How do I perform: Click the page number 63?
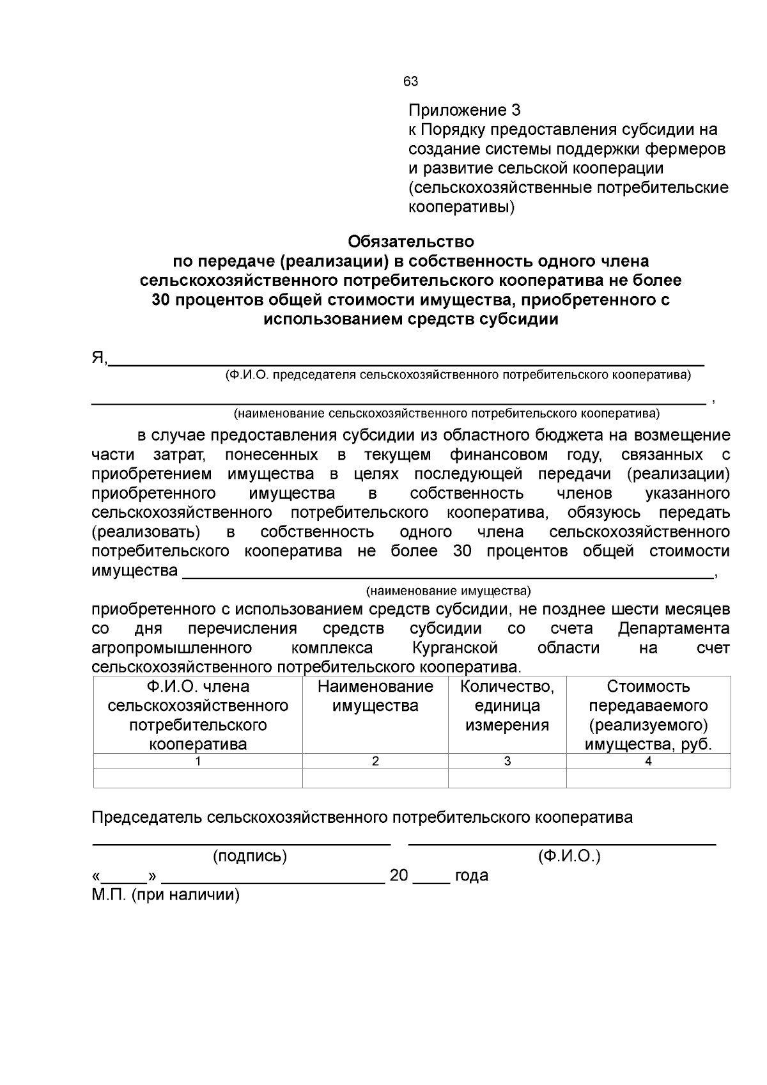[x=410, y=82]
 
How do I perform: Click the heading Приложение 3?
[x=465, y=110]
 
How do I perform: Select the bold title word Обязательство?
[x=411, y=242]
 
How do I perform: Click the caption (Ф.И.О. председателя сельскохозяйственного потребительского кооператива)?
[x=458, y=375]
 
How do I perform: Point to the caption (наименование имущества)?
[x=448, y=590]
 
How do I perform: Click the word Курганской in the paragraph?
[x=455, y=648]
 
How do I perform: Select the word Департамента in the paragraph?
[x=674, y=628]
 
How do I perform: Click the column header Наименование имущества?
[x=375, y=696]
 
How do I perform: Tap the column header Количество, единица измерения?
[x=507, y=706]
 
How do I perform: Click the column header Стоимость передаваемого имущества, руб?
[x=648, y=715]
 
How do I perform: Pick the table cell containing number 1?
[x=198, y=761]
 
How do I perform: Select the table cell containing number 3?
[x=507, y=761]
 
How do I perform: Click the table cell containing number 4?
[x=648, y=761]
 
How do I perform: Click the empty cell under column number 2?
[x=375, y=778]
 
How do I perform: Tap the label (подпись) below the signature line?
[x=250, y=856]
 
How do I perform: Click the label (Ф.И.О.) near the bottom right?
[x=569, y=856]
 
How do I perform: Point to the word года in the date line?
[x=471, y=875]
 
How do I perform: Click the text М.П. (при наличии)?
[x=166, y=894]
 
